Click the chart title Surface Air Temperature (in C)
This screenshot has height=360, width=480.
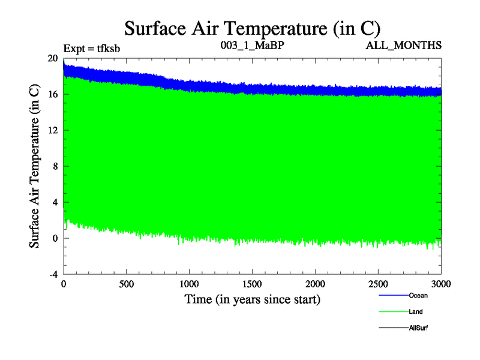(x=252, y=28)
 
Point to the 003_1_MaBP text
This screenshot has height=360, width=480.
(x=252, y=46)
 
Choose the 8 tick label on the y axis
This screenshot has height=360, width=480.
(x=55, y=166)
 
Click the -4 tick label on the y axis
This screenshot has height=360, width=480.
(x=53, y=274)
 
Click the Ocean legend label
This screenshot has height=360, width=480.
(x=418, y=295)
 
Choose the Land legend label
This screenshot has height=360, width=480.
(x=416, y=311)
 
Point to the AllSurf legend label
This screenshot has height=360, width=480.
(x=419, y=328)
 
